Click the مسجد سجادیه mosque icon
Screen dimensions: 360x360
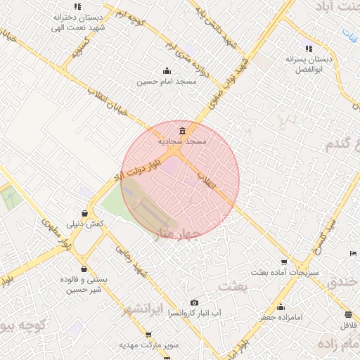[183, 131]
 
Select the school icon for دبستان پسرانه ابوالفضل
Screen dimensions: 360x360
[308, 49]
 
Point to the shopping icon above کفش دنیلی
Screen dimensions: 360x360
[84, 213]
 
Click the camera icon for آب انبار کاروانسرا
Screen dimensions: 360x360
[194, 302]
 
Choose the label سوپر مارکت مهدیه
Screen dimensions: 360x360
[149, 346]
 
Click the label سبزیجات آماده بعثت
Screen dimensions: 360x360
[285, 271]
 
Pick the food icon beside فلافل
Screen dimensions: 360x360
[349, 314]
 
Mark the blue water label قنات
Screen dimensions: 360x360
[349, 32]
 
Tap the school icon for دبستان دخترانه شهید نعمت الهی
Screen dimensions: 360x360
[77, 6]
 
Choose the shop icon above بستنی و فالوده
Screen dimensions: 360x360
[84, 268]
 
